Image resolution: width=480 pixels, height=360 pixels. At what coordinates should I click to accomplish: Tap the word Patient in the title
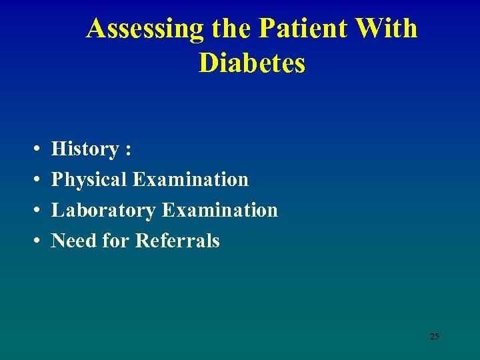point(295,29)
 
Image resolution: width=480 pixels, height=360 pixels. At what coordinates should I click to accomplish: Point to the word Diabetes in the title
point(251,63)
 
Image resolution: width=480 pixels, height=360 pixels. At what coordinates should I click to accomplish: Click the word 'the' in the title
point(231,29)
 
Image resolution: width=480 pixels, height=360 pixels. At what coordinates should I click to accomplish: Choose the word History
point(85,149)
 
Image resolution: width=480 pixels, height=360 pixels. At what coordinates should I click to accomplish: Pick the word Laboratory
point(104,210)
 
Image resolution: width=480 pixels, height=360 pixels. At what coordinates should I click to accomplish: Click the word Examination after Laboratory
point(219,210)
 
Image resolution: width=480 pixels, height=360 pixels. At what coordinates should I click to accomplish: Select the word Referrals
point(177,241)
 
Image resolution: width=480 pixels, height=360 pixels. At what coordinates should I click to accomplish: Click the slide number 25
point(434,336)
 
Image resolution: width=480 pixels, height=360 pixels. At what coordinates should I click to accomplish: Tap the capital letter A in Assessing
point(97,29)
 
